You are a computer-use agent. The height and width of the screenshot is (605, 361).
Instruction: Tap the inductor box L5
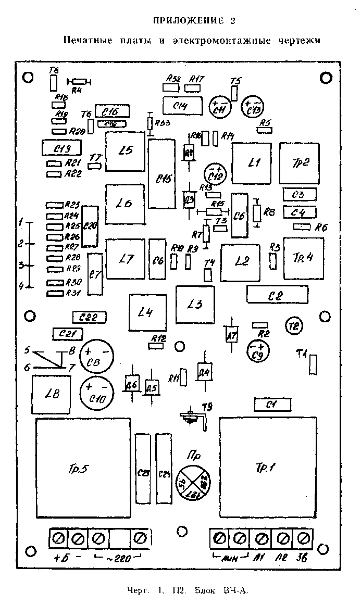click(125, 151)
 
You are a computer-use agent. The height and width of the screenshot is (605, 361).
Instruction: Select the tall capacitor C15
click(161, 174)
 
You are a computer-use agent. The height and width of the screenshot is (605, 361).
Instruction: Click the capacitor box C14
click(182, 106)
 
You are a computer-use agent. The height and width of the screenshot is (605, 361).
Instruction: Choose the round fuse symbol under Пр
click(192, 481)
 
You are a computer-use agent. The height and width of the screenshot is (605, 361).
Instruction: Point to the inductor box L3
click(195, 305)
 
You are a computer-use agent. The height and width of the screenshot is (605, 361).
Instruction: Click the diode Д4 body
click(204, 372)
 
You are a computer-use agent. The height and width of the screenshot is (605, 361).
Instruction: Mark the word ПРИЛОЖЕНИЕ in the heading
click(187, 21)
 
